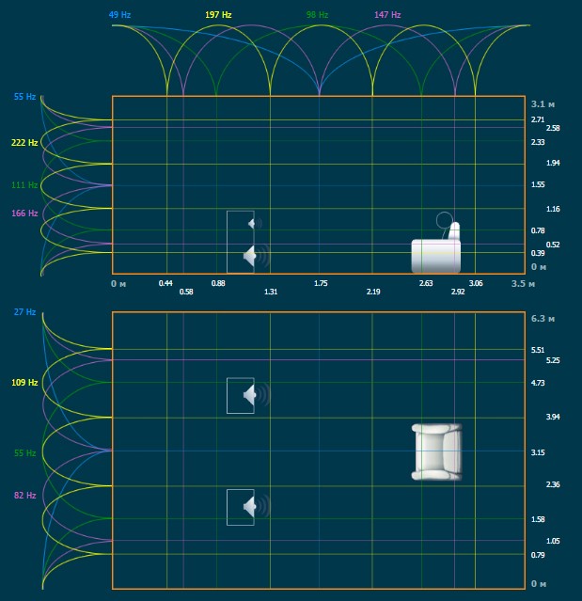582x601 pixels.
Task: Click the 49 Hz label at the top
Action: click(x=119, y=16)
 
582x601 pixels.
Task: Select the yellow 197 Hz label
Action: click(x=218, y=16)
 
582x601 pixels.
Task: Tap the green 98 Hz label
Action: click(x=318, y=16)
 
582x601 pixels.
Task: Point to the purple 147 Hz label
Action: click(x=387, y=16)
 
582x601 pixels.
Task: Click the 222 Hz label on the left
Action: click(x=24, y=143)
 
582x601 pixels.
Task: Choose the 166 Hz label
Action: click(x=24, y=214)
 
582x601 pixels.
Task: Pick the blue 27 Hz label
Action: click(x=24, y=312)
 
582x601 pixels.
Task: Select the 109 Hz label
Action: click(x=24, y=383)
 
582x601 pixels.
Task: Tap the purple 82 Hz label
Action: click(x=24, y=496)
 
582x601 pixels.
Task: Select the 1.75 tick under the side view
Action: click(x=321, y=282)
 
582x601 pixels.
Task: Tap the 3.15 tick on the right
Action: click(x=539, y=452)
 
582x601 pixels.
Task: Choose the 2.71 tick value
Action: click(x=538, y=119)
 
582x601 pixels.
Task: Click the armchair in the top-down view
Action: click(x=438, y=452)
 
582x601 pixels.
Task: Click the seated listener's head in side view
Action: click(x=444, y=221)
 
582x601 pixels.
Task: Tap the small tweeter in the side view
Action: click(x=251, y=223)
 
